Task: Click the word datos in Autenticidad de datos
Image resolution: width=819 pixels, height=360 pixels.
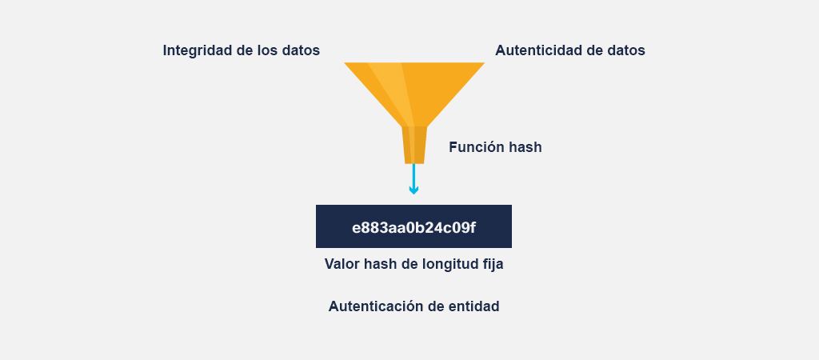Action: (x=627, y=50)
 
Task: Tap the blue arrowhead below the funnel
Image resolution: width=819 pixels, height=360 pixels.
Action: (x=413, y=190)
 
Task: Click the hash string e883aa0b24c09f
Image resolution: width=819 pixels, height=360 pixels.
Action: (x=413, y=228)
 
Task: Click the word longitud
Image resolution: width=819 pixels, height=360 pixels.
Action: (x=447, y=265)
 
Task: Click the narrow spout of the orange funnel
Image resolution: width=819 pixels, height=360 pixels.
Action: (x=414, y=146)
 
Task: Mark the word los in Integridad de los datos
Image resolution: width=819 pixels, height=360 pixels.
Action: (x=266, y=50)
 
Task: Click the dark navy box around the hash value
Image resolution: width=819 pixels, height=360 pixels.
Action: (x=413, y=226)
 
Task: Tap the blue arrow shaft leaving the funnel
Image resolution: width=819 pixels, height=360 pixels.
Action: (x=413, y=175)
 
